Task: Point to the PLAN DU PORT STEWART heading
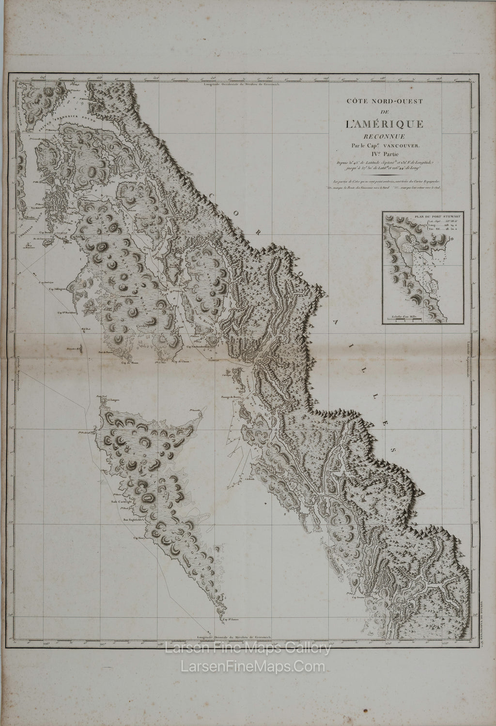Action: (422, 217)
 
